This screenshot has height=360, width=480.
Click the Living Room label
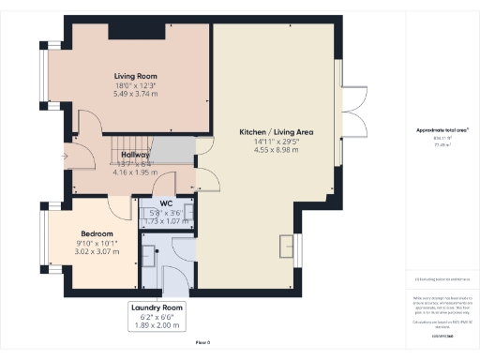[x=135, y=76]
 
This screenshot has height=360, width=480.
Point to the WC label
[x=165, y=203]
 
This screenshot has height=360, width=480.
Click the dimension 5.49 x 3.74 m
[x=135, y=95]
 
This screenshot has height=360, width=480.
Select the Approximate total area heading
[x=442, y=129]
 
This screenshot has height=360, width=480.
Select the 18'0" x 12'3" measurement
[x=135, y=85]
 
